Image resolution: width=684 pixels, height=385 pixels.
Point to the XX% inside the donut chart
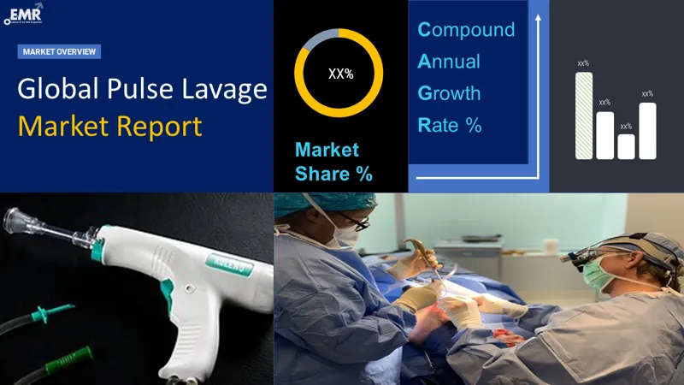[x=340, y=74]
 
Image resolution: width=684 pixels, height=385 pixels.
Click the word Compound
[x=466, y=30]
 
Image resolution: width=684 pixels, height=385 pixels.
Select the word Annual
[x=449, y=62]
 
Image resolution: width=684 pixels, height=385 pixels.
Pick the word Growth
[x=450, y=93]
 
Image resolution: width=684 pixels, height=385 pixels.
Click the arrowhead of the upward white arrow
[x=539, y=16]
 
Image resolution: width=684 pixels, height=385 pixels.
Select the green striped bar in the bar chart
[x=583, y=115]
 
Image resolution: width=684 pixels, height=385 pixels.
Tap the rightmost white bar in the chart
[x=647, y=130]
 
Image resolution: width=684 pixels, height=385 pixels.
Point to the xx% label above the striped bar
[x=583, y=63]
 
